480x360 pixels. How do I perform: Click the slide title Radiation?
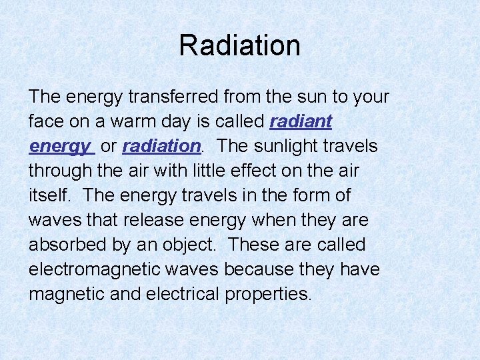[239, 45]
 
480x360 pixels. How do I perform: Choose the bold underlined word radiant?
[301, 121]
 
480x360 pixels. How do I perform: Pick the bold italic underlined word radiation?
[161, 146]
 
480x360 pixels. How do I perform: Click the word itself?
[47, 195]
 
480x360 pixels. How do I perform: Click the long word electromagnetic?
[91, 269]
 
